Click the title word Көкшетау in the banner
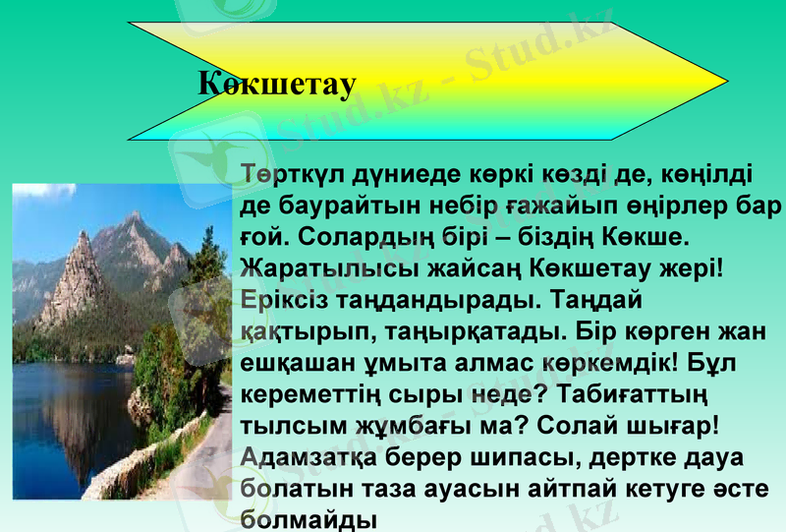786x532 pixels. pos(276,84)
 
